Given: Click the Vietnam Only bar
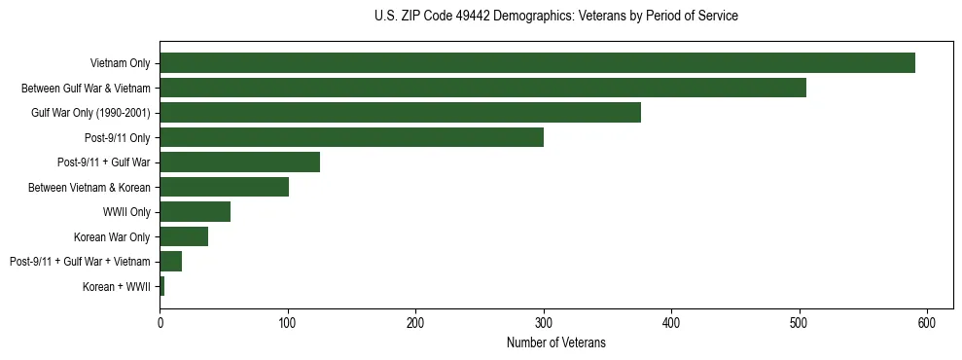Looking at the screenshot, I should coord(537,63).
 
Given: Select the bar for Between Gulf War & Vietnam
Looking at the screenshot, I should coord(482,88).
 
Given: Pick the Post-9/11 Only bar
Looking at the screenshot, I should coord(351,137).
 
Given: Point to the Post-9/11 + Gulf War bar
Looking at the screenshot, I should coord(239,162).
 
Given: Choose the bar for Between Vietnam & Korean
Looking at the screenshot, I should coord(224,187).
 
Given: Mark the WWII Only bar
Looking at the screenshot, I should coord(195,212).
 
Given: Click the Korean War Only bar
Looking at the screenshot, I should coord(184,236).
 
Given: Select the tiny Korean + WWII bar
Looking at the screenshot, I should coord(161,286).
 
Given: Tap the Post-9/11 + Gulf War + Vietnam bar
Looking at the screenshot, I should coord(170,262).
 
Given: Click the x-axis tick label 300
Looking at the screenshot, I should coord(544,323).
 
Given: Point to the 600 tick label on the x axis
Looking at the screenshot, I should coord(927,323).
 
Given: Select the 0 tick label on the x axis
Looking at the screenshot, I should coord(160,323).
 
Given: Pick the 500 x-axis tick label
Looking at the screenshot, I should coord(800,323).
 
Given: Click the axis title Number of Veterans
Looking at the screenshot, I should coord(555,342).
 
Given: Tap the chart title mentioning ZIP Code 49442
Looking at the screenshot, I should coord(555,17).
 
